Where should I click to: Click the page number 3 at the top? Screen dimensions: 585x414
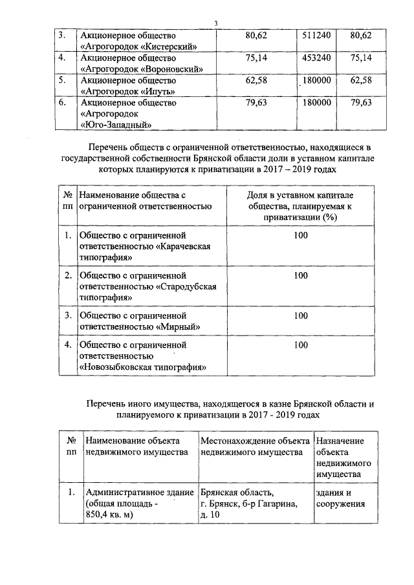pyautogui.click(x=216, y=24)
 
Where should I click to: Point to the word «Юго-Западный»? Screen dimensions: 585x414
pyautogui.click(x=116, y=125)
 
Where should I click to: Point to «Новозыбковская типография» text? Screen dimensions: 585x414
pyautogui.click(x=142, y=367)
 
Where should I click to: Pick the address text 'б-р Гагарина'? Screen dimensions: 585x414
pyautogui.click(x=267, y=504)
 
